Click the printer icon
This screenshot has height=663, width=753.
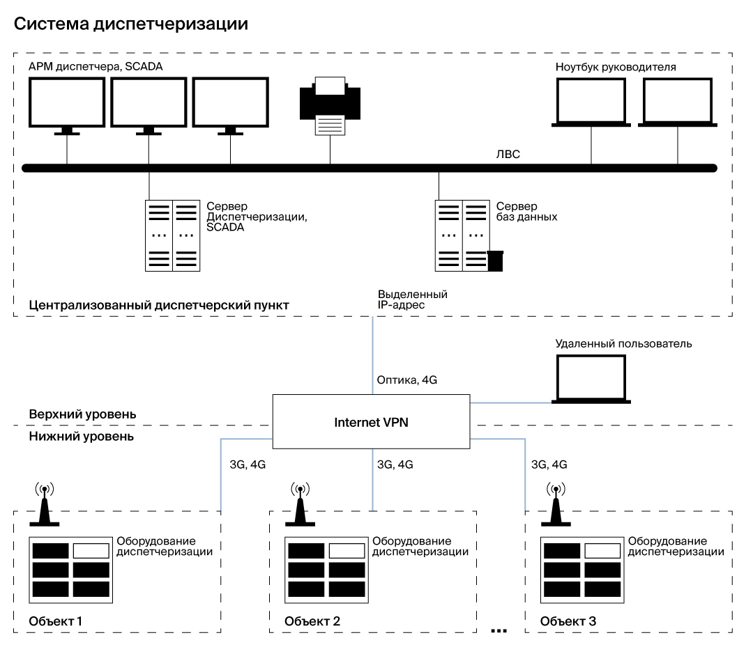[329, 108]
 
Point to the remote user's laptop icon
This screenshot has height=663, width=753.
[591, 380]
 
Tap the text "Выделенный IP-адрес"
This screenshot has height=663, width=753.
[412, 300]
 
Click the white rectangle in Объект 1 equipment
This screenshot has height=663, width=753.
[91, 551]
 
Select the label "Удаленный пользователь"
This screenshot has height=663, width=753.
[623, 344]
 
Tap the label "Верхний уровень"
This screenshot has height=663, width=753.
[82, 414]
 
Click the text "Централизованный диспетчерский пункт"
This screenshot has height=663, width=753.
[159, 305]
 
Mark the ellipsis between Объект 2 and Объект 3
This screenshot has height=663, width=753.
[499, 631]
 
